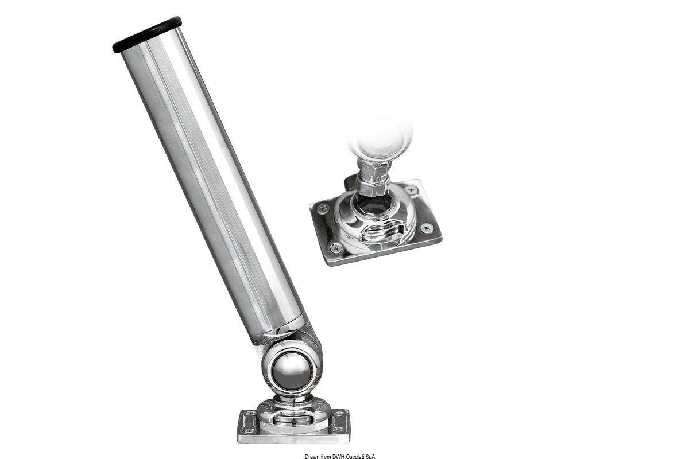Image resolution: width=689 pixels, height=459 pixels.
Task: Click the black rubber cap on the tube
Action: pos(147,34)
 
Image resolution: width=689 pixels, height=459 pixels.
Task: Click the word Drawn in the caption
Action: pos(312,457)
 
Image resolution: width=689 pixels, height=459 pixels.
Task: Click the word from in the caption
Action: pos(326,457)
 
